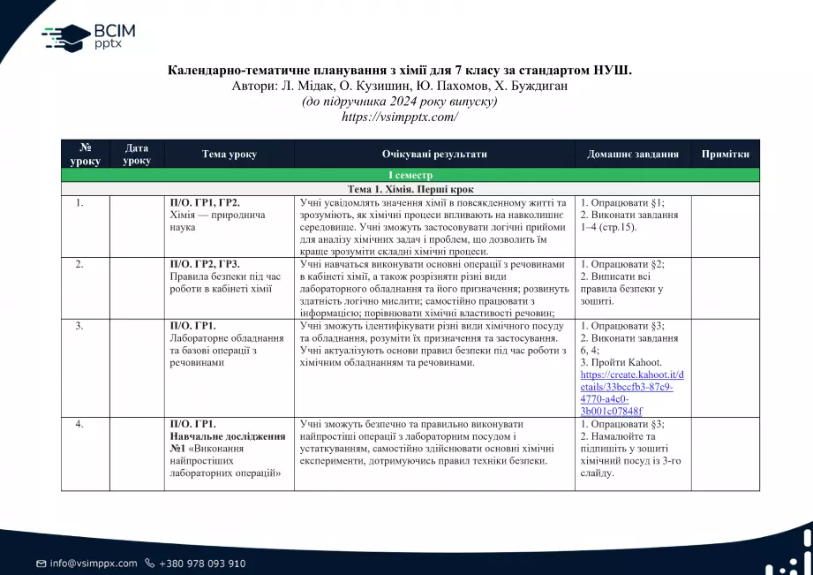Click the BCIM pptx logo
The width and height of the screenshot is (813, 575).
coord(88,36)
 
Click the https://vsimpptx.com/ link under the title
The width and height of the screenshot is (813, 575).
coord(399,117)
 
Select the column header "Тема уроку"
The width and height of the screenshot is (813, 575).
coord(229,154)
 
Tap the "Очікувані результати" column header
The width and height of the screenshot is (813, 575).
coord(434,154)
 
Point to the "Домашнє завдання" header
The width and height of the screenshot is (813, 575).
coord(632,154)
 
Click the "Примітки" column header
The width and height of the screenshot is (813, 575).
coord(725,154)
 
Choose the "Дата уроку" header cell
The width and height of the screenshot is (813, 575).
coord(136,154)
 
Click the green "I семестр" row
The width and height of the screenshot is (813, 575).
coord(410,176)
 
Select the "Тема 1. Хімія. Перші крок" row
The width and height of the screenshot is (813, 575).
coord(410,189)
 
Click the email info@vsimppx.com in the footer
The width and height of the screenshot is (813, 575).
coord(93,564)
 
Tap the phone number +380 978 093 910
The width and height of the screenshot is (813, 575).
coord(201,564)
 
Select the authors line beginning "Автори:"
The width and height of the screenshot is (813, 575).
coord(399,86)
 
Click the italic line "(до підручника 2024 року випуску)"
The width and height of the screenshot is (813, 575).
coord(399,101)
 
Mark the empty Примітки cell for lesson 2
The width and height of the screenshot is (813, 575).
coord(725,287)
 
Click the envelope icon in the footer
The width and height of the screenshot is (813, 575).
coord(41,564)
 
